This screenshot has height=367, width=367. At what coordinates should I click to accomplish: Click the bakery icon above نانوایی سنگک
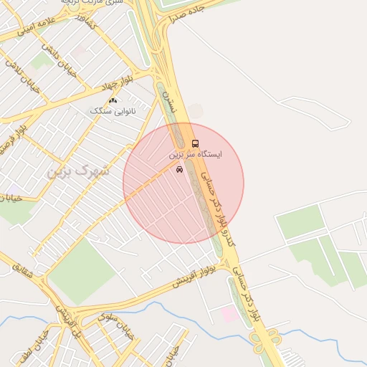click(113, 100)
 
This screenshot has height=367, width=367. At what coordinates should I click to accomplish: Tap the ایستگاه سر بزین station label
click(196, 154)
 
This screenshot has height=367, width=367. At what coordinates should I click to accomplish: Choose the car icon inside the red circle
click(178, 170)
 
